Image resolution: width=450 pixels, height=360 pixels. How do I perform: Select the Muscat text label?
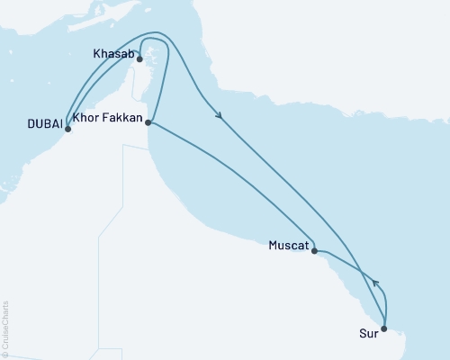(x=288, y=244)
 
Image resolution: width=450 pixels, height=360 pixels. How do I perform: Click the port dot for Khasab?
(x=140, y=59)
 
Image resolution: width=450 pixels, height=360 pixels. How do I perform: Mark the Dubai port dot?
(x=67, y=129)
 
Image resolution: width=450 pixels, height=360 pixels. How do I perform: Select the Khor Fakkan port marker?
(x=148, y=123)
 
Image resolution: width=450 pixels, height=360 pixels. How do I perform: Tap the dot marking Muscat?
(x=314, y=252)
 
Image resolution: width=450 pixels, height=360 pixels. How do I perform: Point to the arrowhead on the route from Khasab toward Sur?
(x=219, y=114)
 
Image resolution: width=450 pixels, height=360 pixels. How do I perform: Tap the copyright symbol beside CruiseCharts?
(x=4, y=353)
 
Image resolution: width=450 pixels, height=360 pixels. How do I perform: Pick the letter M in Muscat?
(x=273, y=244)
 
